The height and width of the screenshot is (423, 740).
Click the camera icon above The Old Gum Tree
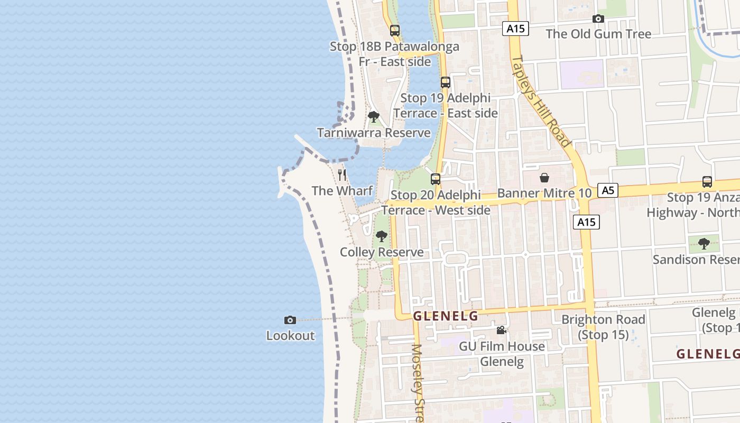[598, 19]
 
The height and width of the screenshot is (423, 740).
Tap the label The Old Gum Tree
[598, 34]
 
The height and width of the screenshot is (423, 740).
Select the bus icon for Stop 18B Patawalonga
[395, 31]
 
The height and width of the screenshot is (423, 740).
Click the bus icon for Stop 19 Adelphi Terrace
[446, 82]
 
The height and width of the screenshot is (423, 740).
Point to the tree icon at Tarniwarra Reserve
[374, 117]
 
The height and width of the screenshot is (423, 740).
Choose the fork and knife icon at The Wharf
[342, 175]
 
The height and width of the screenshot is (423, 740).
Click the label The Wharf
[342, 190]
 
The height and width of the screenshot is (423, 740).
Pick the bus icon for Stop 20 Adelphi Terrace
[436, 179]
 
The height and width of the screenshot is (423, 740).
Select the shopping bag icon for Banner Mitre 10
[544, 178]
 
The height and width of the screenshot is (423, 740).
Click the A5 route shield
[608, 190]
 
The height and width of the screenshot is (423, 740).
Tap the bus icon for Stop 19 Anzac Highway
[707, 182]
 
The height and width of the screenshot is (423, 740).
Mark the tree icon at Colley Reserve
[381, 236]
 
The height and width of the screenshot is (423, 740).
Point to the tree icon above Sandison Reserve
[704, 244]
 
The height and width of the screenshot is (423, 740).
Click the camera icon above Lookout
[290, 320]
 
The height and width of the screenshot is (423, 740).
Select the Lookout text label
[290, 335]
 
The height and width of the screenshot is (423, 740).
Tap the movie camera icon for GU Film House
[501, 330]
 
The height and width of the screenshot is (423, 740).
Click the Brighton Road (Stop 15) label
[603, 327]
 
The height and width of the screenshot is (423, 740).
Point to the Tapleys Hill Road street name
[542, 100]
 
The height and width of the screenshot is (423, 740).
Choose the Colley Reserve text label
[382, 252]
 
